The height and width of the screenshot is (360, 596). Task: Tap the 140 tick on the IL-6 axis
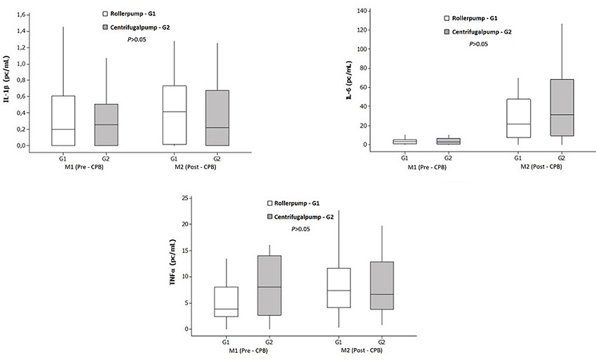(363, 11)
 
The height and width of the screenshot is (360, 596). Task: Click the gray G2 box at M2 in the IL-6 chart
(562, 107)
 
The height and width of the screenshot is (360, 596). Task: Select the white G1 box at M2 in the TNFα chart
(339, 288)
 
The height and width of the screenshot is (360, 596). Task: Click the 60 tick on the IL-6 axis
(365, 88)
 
